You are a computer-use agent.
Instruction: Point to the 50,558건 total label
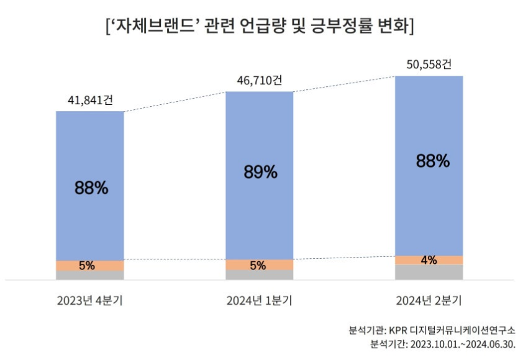point(429,64)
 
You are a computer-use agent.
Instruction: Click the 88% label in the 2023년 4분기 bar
point(91,187)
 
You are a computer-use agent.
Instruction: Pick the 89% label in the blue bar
point(260,173)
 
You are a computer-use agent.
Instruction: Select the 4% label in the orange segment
point(429,260)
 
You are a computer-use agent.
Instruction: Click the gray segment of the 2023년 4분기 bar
point(90,275)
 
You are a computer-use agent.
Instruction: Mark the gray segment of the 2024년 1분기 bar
point(260,274)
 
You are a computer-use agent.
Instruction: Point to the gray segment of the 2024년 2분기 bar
point(429,272)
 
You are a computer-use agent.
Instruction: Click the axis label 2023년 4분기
point(90,301)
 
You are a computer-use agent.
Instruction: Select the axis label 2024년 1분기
point(259,301)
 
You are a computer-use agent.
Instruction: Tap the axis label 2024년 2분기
point(429,301)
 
